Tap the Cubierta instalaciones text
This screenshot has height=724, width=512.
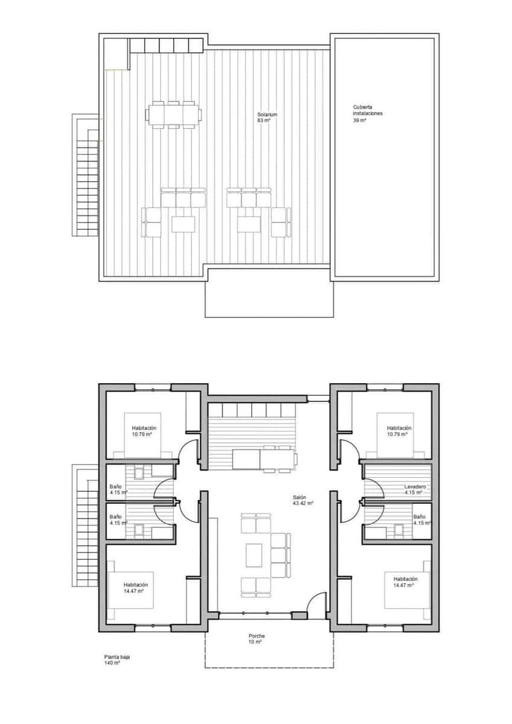point(368,113)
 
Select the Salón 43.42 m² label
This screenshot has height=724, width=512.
point(302,500)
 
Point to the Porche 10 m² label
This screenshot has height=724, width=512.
point(257,639)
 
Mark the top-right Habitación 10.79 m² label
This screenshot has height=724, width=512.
point(398,431)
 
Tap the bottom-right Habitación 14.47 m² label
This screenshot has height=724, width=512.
point(405,581)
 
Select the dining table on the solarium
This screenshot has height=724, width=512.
point(174,114)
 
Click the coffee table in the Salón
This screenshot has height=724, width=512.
point(254,554)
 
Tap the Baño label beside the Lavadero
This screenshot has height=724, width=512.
point(420,519)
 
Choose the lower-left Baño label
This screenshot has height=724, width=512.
point(116,519)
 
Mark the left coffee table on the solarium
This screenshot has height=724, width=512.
point(184,224)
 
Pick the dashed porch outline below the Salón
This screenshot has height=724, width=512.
point(269,667)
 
